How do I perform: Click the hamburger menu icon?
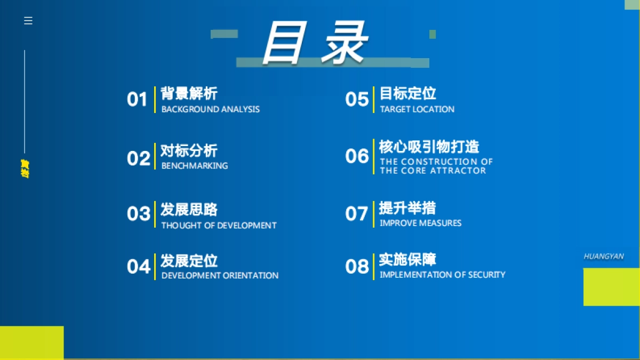(28, 21)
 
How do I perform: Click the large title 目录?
(315, 43)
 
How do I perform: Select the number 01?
(137, 100)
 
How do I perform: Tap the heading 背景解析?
(189, 93)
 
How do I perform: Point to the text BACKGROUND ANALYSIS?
(211, 109)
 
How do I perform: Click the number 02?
(139, 158)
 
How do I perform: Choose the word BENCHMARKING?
(195, 166)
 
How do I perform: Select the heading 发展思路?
(189, 209)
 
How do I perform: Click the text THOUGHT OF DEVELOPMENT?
(219, 226)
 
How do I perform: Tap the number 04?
(139, 267)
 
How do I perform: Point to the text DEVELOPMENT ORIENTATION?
(220, 276)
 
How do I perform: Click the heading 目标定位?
(407, 93)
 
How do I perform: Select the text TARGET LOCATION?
(417, 109)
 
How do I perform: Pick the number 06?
(357, 156)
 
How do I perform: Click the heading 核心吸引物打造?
(429, 147)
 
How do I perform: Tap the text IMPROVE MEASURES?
(420, 223)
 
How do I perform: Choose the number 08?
(357, 266)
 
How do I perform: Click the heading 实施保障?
(407, 260)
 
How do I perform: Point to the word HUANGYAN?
(604, 257)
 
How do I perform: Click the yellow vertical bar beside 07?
(373, 214)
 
